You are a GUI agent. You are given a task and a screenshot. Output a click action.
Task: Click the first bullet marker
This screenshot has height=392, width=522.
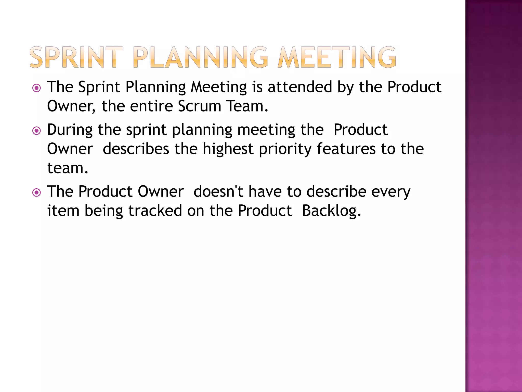(37, 88)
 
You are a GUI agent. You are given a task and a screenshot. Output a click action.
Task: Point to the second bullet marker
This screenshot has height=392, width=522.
(37, 131)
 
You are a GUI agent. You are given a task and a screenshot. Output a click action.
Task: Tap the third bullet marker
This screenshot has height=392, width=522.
(37, 192)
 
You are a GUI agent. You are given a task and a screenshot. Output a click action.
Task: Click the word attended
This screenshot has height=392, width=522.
(300, 87)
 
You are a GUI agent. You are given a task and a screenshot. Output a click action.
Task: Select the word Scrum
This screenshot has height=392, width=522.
(199, 106)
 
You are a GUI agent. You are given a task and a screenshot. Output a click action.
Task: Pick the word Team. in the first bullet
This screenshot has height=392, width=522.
(247, 106)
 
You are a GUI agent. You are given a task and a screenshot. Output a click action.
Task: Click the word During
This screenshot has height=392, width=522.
(70, 130)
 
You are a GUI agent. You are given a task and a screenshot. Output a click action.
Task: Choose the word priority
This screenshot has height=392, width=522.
(285, 149)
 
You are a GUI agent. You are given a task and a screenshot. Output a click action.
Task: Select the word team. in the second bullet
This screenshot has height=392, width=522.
(68, 168)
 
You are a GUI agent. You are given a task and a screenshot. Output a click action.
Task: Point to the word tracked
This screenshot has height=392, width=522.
(155, 211)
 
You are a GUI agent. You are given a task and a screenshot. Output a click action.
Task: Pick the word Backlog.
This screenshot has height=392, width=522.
(331, 211)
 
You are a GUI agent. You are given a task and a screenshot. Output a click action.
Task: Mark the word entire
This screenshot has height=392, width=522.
(151, 106)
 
